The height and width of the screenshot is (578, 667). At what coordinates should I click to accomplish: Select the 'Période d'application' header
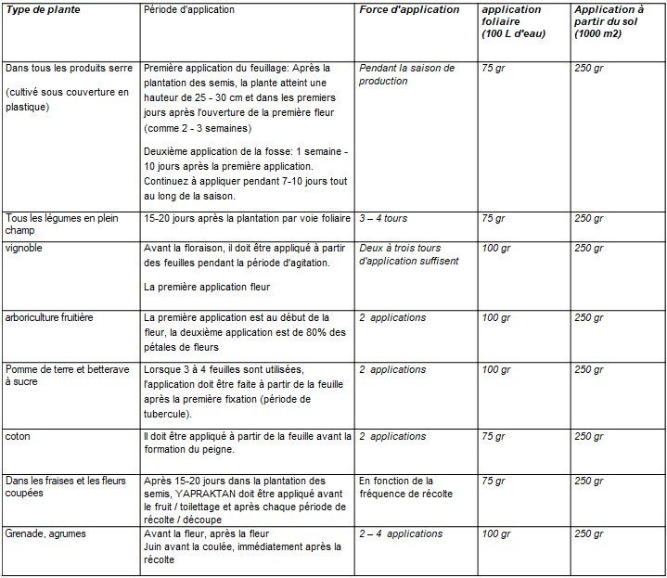coord(190,9)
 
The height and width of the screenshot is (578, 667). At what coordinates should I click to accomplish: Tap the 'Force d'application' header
coord(408,10)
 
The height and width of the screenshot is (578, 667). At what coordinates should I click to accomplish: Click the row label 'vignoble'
coord(24,249)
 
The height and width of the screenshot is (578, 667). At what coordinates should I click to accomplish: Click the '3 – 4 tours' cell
coord(382,219)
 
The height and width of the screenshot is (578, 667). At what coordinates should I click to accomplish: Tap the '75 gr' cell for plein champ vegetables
coord(494,219)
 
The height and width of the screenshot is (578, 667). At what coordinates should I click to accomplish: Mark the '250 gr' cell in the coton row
coord(588,436)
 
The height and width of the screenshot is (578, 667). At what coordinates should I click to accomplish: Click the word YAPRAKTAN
coord(207,495)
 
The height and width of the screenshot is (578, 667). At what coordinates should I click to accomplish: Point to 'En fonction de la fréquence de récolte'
coord(396,487)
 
